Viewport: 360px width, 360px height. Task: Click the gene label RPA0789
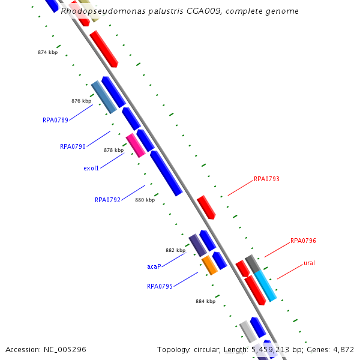point(55,120)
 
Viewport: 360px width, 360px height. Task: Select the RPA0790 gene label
point(73,146)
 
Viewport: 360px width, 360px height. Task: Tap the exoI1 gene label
point(91,168)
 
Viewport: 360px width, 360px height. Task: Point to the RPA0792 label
point(107,200)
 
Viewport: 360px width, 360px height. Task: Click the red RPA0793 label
point(266,179)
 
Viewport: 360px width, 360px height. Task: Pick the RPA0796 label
point(303,241)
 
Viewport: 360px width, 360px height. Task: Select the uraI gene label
point(309,263)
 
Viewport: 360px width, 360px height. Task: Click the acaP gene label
point(154,266)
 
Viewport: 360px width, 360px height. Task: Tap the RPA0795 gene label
point(160,286)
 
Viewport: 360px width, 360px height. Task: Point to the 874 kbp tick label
point(47,53)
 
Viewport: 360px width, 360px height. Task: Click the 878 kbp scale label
point(113,150)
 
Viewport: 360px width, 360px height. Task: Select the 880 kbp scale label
point(145,200)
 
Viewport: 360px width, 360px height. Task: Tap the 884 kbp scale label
point(205,301)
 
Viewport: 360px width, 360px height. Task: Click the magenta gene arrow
point(136,146)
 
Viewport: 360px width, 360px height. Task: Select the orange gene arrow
point(209,265)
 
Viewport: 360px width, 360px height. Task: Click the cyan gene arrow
point(265,286)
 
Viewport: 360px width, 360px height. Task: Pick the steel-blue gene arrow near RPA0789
point(104,97)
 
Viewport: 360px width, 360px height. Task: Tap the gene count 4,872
point(342,349)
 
